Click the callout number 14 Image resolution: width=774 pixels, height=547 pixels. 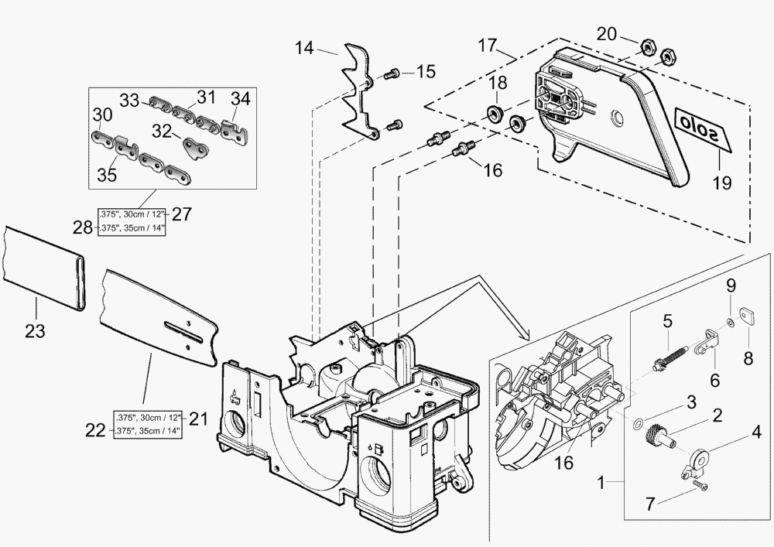[304, 48]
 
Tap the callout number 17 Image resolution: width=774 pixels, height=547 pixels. [487, 46]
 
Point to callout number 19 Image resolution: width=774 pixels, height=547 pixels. [721, 185]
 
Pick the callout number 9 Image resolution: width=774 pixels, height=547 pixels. [730, 285]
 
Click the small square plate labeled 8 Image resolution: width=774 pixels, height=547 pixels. [748, 316]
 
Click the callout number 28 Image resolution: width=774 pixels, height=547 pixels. [82, 227]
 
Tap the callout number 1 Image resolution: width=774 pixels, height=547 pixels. [601, 485]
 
